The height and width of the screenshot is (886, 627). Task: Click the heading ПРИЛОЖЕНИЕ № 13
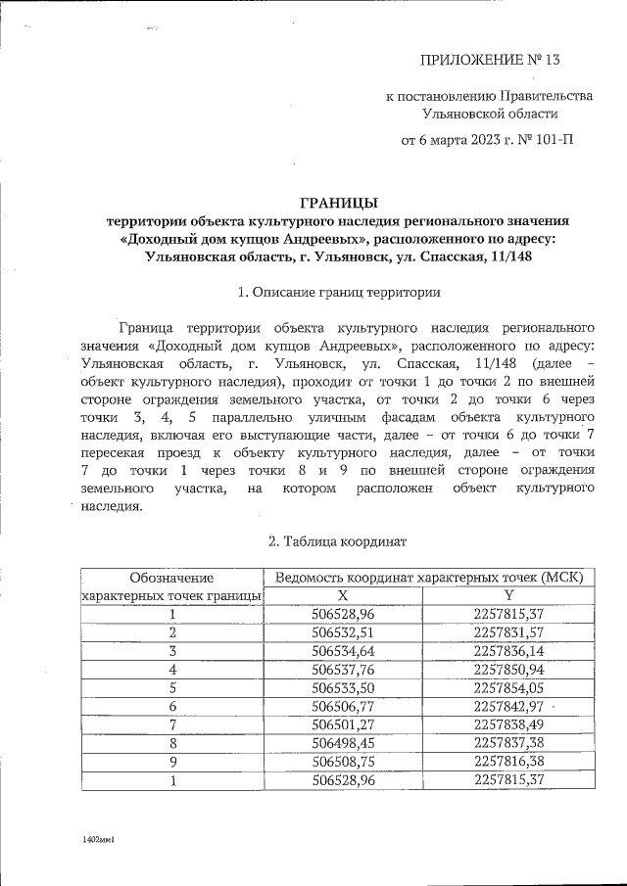coord(489,61)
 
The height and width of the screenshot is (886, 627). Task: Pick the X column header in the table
coord(343,595)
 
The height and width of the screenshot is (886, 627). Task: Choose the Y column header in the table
coord(508,595)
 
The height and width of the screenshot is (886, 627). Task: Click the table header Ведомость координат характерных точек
coord(429,578)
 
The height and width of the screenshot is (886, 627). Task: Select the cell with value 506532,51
coord(343,632)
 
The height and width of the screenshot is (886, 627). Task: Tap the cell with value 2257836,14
coord(508,651)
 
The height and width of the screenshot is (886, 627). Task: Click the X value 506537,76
coord(343,670)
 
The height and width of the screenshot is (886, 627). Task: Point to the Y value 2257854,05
coord(508,688)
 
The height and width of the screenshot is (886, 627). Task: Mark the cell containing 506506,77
coord(343,707)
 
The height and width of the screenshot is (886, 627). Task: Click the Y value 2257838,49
coord(508,725)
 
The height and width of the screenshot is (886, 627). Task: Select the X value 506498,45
coord(343,744)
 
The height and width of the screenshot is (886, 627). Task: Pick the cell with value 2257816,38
coord(508,763)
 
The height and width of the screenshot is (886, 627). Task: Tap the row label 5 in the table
coord(172,688)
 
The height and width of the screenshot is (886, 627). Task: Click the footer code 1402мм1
coord(100,840)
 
